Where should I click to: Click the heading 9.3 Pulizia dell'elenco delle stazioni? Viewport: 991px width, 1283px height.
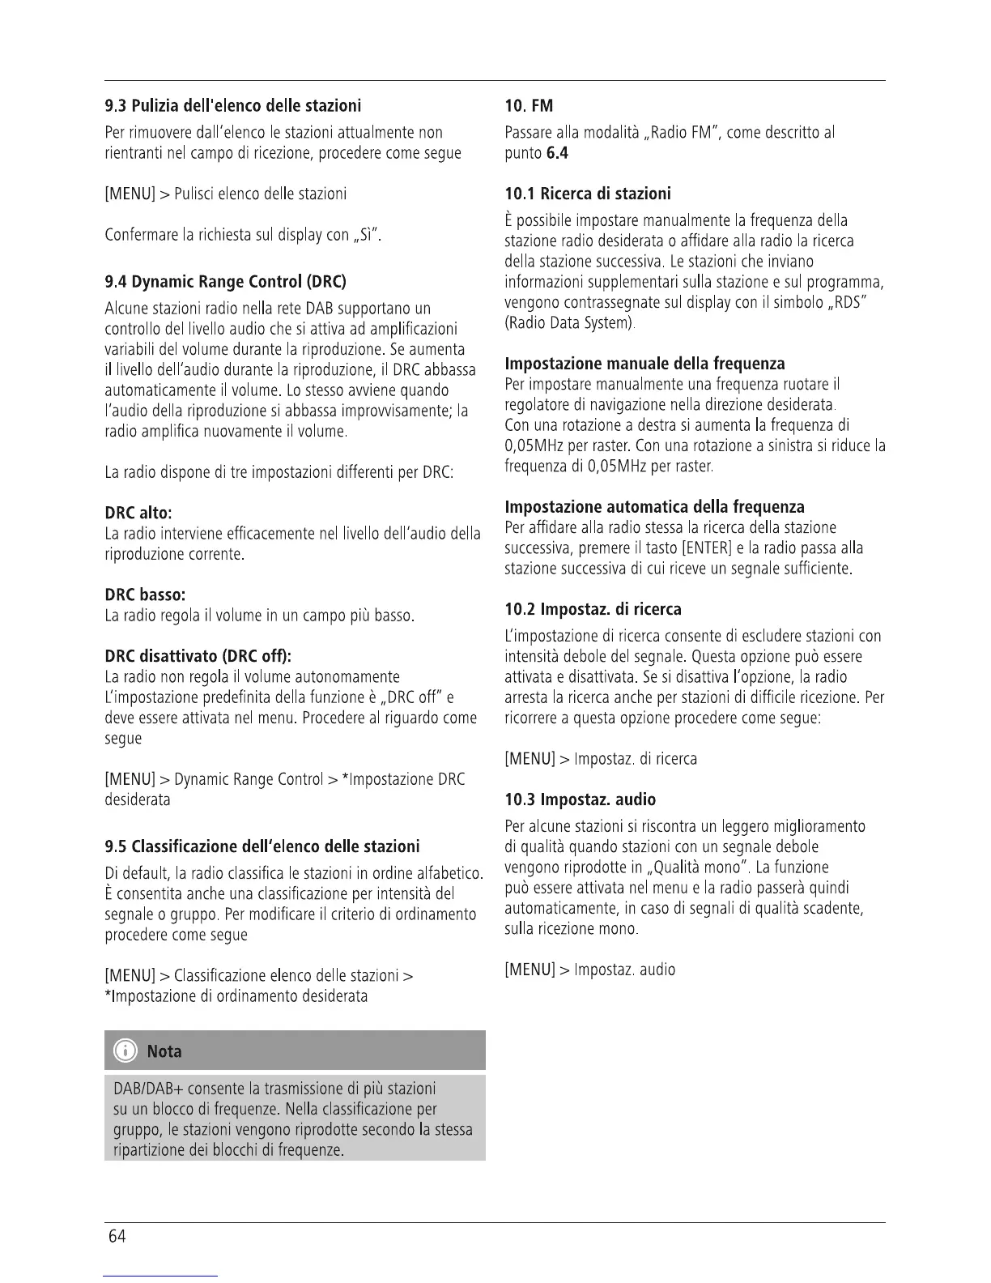pyautogui.click(x=233, y=106)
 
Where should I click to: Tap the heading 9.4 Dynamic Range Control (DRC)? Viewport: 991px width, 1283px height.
pyautogui.click(x=225, y=282)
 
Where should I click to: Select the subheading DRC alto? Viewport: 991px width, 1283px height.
pyautogui.click(x=138, y=514)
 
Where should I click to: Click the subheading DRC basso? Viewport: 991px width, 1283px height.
pyautogui.click(x=146, y=595)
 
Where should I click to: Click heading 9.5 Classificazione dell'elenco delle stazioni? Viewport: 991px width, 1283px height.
pyautogui.click(x=262, y=847)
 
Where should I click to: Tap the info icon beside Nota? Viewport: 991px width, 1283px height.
pyautogui.click(x=125, y=1051)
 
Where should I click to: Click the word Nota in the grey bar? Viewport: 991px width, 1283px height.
pyautogui.click(x=164, y=1052)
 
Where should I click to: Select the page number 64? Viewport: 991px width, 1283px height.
pyautogui.click(x=117, y=1237)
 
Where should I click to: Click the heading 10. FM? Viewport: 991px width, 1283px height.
pyautogui.click(x=529, y=106)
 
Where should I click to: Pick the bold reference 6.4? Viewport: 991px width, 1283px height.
pyautogui.click(x=557, y=153)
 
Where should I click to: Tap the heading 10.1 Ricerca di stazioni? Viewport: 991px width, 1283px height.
pyautogui.click(x=588, y=194)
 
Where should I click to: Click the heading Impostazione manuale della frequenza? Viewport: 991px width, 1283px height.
pyautogui.click(x=644, y=364)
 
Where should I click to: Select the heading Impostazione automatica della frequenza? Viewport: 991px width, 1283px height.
pyautogui.click(x=654, y=507)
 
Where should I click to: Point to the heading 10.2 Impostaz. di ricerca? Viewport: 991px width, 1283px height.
pyautogui.click(x=593, y=609)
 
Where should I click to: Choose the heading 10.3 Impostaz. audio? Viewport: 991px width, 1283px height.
pyautogui.click(x=580, y=799)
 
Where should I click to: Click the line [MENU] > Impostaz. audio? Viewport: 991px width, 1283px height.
pyautogui.click(x=589, y=970)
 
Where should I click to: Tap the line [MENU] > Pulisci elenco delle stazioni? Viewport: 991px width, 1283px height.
pyautogui.click(x=226, y=194)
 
